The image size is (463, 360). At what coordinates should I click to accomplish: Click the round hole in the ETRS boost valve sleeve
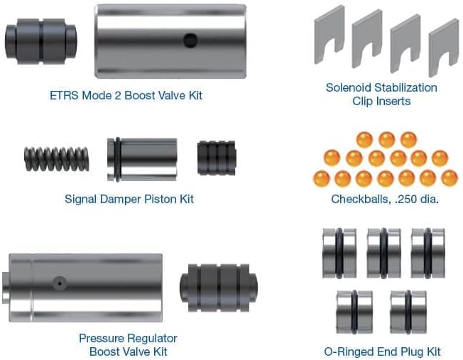click(190, 40)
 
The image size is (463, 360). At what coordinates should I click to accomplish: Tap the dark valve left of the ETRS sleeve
click(40, 41)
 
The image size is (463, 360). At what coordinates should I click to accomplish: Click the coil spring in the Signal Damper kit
click(56, 159)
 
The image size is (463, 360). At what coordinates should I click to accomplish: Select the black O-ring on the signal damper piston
click(118, 160)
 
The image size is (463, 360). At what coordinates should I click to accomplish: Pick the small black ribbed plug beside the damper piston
click(217, 158)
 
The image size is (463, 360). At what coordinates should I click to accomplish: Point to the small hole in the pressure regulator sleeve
click(60, 283)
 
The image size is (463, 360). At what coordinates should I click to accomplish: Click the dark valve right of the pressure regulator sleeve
click(219, 288)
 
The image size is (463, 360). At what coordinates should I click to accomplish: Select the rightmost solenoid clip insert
click(444, 44)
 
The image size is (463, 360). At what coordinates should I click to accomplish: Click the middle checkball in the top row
click(387, 140)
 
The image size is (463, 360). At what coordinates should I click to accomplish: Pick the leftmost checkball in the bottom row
click(322, 178)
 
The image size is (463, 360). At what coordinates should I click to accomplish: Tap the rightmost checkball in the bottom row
click(450, 178)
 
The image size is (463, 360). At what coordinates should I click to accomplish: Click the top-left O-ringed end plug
click(339, 253)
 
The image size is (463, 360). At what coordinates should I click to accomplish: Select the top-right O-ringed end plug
click(428, 253)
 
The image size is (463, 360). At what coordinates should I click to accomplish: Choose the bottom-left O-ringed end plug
click(354, 312)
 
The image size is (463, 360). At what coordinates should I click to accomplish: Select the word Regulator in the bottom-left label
click(153, 339)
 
